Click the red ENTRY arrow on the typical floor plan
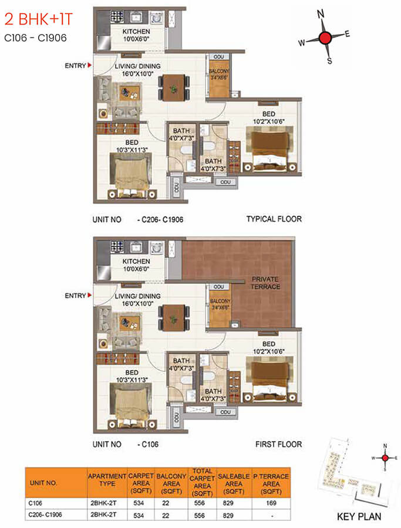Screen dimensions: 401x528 pos(89,65)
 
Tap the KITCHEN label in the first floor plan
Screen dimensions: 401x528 pos(136,261)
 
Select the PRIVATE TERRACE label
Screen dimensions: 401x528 pos(265,283)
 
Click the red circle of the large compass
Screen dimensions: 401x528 pos(325,38)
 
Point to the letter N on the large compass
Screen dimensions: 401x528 pos(321,14)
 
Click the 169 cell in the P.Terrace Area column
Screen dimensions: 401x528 pos(271,503)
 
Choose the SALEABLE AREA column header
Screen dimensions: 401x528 pos(234,483)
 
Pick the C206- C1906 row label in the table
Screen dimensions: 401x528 pos(45,515)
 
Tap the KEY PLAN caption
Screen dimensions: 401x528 pos(359,516)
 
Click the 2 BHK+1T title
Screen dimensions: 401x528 pos(38,19)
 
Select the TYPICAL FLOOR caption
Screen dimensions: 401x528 pos(274,219)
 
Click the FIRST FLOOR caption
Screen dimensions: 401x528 pos(279,445)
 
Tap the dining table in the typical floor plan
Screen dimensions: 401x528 pos(174,87)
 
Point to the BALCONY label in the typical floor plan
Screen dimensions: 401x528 pos(219,71)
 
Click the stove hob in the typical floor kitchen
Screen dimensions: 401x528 pos(117,16)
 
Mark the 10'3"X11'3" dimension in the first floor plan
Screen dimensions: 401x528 pos(132,380)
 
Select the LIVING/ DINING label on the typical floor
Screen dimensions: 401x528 pos(137,66)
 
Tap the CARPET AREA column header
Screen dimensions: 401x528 pos(141,483)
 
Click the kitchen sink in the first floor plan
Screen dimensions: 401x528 pos(136,247)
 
